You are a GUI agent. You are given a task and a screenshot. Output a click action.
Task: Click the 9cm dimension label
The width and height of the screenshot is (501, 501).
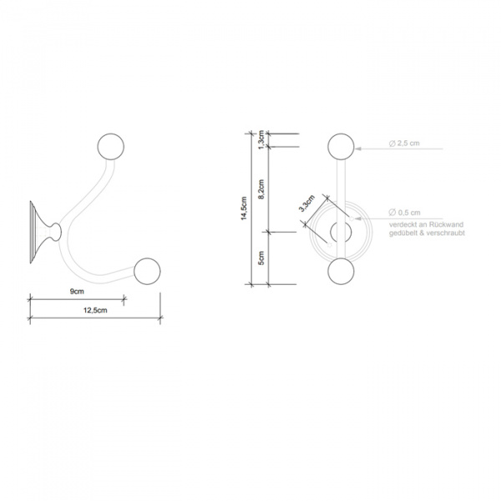(x=77, y=291)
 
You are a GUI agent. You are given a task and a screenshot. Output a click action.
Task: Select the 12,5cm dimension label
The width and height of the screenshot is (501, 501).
(x=95, y=311)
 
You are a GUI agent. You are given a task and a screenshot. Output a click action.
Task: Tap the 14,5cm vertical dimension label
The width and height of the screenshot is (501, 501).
(x=243, y=209)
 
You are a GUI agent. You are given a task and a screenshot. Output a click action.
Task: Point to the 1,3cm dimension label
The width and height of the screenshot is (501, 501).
(x=261, y=139)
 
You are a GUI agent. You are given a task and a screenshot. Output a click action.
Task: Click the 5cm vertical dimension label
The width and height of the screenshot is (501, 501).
(x=261, y=258)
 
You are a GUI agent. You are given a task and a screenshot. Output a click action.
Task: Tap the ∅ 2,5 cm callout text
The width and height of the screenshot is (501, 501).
(x=404, y=144)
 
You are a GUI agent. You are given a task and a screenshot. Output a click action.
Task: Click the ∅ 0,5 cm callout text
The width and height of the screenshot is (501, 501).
(x=404, y=213)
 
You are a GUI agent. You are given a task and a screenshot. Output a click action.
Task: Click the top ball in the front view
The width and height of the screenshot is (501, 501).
(x=340, y=148)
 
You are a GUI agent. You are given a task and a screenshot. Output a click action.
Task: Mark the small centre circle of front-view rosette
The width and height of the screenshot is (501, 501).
(x=340, y=233)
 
